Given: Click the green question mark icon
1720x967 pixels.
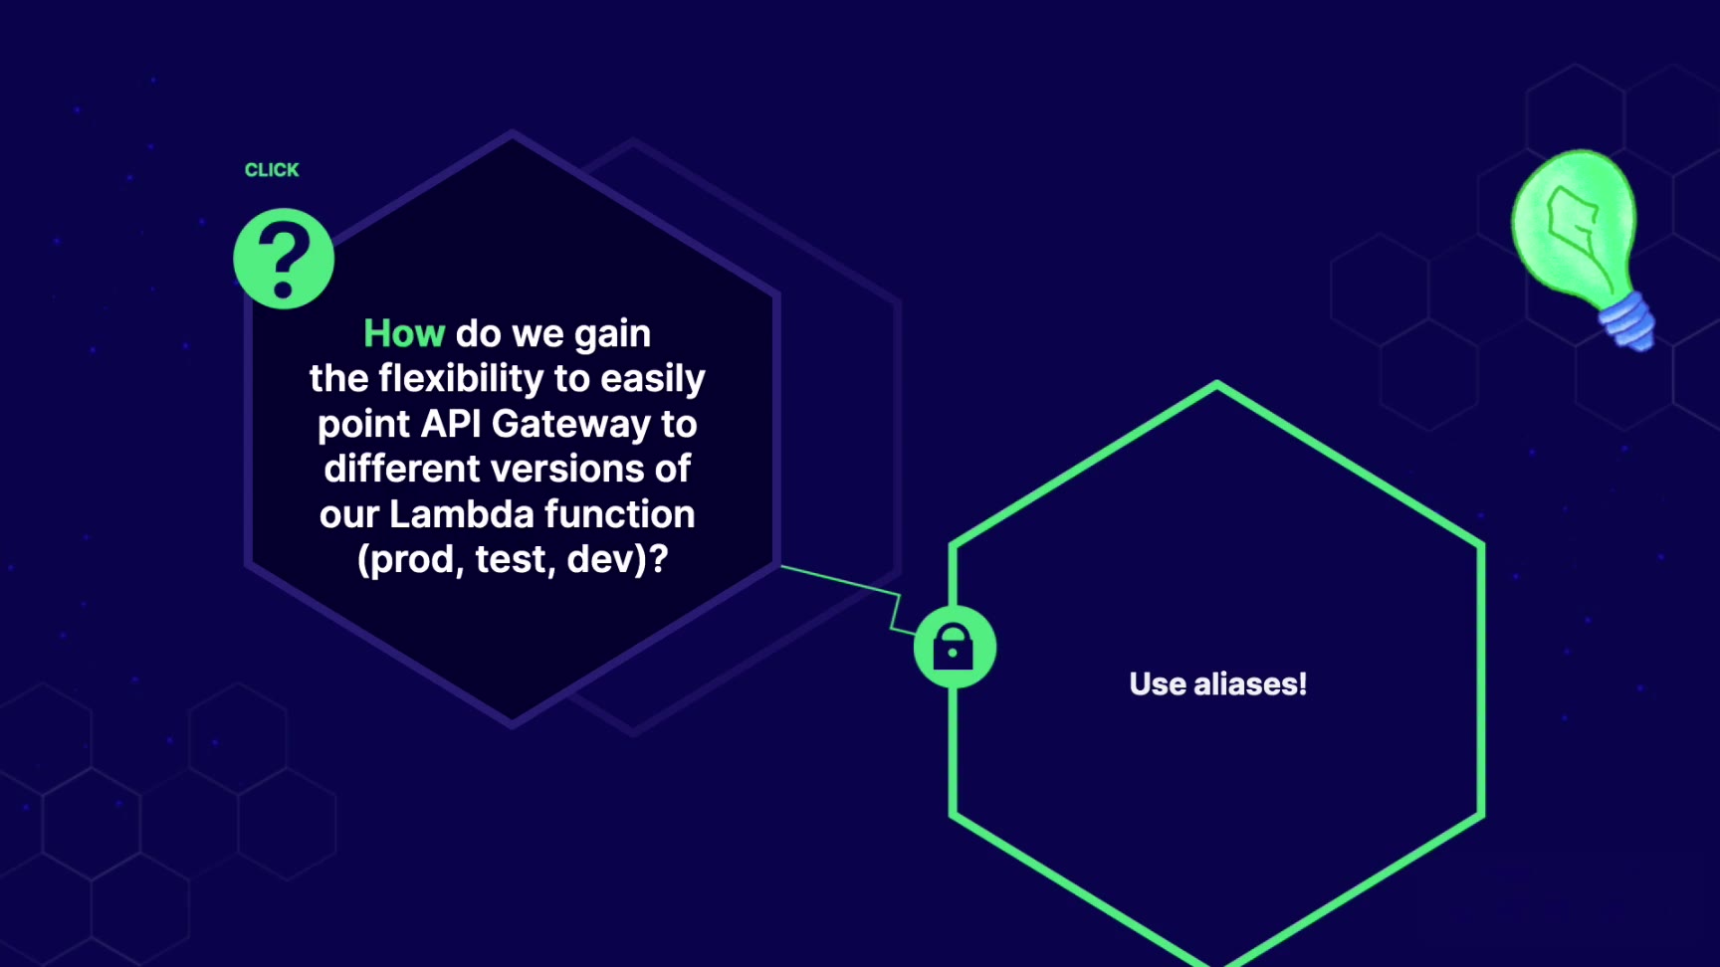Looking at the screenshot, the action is [284, 259].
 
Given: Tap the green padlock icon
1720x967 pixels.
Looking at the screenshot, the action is [955, 648].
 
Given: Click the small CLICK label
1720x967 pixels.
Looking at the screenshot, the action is [272, 170].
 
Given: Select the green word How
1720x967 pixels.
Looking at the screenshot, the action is [404, 333].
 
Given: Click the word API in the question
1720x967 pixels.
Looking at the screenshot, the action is [452, 424].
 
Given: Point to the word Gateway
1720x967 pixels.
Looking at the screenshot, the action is [571, 426].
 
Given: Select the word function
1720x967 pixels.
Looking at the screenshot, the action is [619, 514].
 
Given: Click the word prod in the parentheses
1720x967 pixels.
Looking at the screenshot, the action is [411, 560].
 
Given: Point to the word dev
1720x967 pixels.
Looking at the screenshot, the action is [601, 560].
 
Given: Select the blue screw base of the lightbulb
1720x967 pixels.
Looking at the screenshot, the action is [1625, 319].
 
